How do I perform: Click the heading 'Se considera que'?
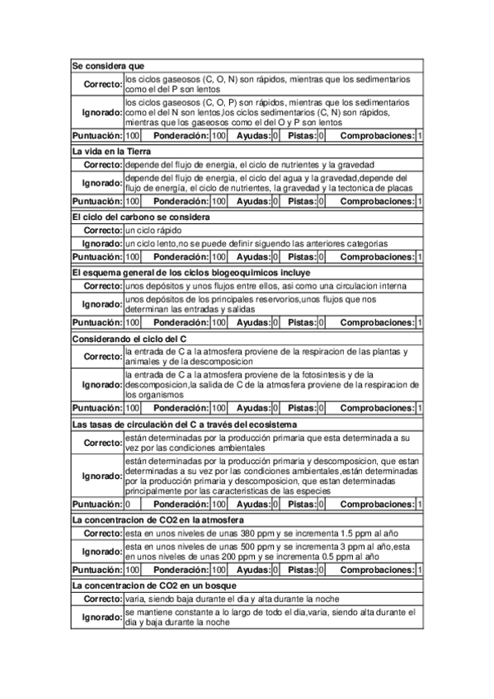coord(109,64)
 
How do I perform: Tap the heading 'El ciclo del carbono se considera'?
coord(140,217)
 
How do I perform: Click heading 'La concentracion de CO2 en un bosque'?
coord(156,584)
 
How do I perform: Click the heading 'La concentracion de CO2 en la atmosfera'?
coord(158,519)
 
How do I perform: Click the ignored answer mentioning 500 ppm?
coord(260,551)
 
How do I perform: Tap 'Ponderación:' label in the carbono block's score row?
coord(181,256)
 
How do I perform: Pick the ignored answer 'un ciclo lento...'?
coord(256,243)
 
